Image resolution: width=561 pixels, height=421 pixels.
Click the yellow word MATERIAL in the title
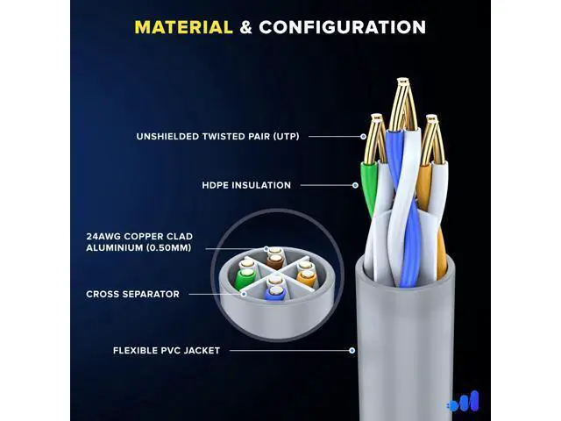(x=183, y=27)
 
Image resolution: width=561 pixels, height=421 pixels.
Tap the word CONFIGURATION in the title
(x=343, y=27)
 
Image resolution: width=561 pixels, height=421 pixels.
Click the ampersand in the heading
(x=245, y=27)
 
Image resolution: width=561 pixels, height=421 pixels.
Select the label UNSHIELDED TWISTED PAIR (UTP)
(x=217, y=137)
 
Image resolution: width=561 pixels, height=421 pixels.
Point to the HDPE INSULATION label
(x=246, y=185)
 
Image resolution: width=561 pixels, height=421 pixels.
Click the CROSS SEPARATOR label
(x=132, y=294)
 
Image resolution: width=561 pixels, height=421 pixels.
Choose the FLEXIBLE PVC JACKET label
(x=167, y=351)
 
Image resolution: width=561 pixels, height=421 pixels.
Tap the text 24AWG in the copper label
(x=103, y=236)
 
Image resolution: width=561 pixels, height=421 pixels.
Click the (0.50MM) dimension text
(x=169, y=247)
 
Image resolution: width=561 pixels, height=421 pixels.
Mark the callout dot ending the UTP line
(x=363, y=137)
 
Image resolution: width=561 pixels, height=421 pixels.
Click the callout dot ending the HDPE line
(x=355, y=185)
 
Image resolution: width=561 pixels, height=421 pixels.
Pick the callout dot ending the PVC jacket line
(x=352, y=351)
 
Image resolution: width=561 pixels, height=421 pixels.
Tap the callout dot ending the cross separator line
(x=244, y=294)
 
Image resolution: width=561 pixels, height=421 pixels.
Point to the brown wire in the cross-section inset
(x=274, y=261)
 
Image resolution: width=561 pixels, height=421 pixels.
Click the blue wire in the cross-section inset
(x=274, y=294)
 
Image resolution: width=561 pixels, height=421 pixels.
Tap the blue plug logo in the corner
(x=463, y=401)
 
